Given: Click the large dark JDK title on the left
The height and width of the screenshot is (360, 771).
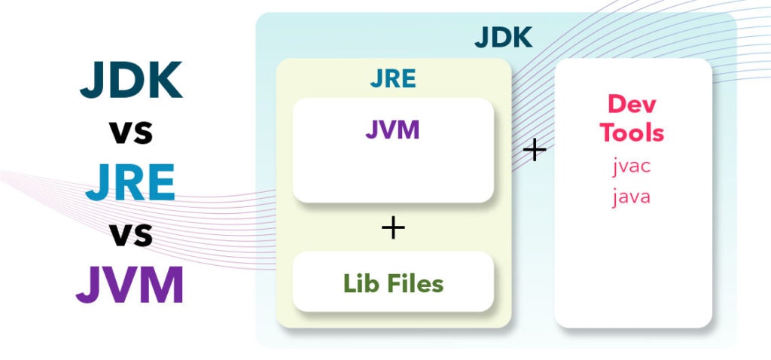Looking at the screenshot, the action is pyautogui.click(x=131, y=80).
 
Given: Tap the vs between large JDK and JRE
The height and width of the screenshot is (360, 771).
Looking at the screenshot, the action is pyautogui.click(x=131, y=133).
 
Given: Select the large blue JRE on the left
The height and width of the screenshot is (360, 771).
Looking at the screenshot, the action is pyautogui.click(x=130, y=182).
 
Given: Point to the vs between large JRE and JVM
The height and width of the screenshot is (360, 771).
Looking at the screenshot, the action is pyautogui.click(x=131, y=235).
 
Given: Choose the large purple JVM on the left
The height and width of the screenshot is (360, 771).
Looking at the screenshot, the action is pyautogui.click(x=130, y=285).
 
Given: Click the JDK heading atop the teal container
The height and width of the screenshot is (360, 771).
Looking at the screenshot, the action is pyautogui.click(x=504, y=38).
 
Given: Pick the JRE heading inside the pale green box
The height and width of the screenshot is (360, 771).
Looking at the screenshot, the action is pyautogui.click(x=393, y=78).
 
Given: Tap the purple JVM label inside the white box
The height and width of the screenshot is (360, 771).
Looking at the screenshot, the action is pyautogui.click(x=392, y=130).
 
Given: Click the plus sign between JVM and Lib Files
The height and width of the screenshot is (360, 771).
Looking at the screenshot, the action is pyautogui.click(x=393, y=227).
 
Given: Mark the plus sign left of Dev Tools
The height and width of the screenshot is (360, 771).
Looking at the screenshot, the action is pyautogui.click(x=535, y=150).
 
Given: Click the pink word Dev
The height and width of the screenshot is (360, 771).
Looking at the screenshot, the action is pyautogui.click(x=632, y=104).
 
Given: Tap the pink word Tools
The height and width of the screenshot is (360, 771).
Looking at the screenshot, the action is pyautogui.click(x=632, y=132).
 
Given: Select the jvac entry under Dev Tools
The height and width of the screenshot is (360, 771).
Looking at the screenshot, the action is pyautogui.click(x=632, y=166).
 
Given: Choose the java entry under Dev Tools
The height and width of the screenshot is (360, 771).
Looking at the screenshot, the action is pyautogui.click(x=632, y=197).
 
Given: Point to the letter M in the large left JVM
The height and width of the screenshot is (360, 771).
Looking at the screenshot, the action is pyautogui.click(x=162, y=285).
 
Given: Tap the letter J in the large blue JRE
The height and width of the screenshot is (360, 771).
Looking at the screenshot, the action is pyautogui.click(x=96, y=183).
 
